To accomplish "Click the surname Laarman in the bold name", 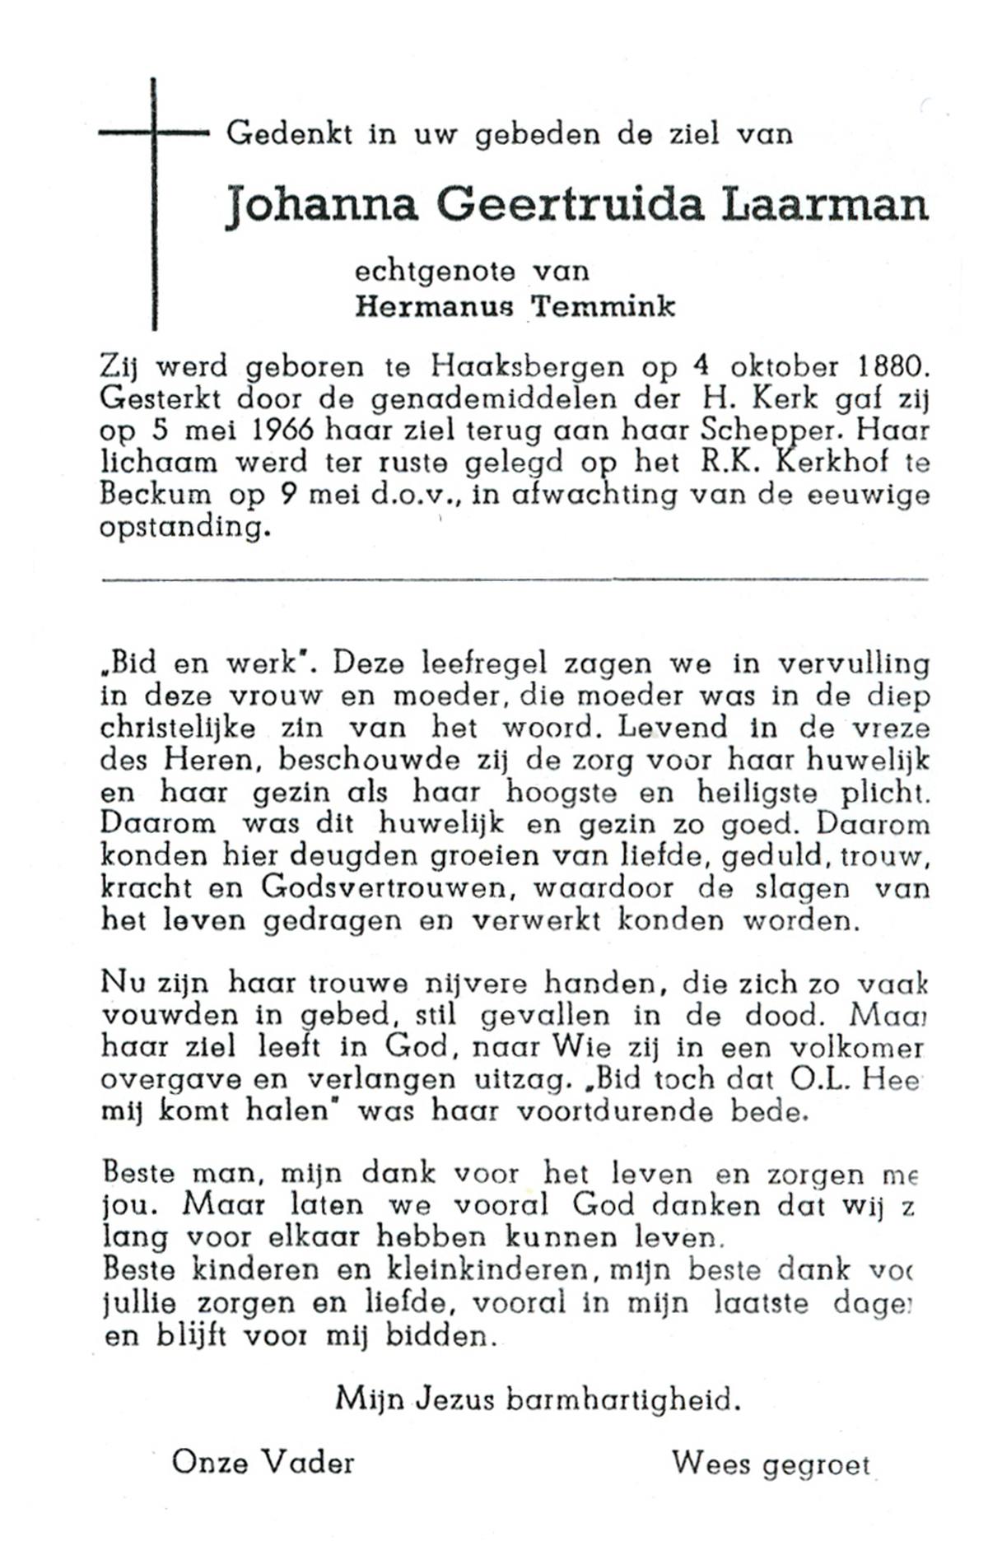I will (824, 205).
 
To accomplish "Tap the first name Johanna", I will (322, 205).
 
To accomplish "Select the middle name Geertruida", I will (570, 205).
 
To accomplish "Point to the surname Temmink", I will (603, 307).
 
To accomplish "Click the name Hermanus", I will (434, 307).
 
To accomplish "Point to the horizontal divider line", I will (515, 581).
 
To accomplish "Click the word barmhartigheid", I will (622, 1399).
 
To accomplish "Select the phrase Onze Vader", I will (263, 1463).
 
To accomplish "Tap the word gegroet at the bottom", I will (816, 1465).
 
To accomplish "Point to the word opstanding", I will (184, 528).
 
